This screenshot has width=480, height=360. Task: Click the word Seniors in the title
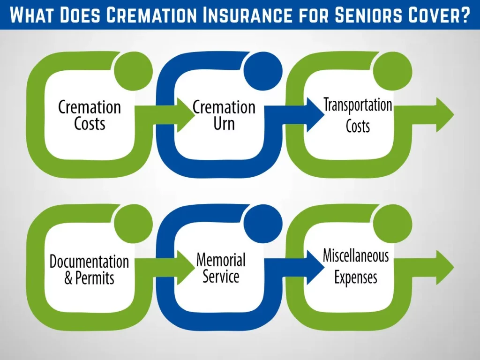click(368, 15)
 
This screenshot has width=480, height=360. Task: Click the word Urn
click(224, 124)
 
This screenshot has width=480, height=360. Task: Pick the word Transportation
click(358, 105)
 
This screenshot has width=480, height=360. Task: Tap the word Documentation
click(89, 262)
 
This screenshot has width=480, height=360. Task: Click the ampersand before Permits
click(68, 278)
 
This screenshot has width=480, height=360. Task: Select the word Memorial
click(221, 260)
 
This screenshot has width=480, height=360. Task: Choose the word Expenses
click(356, 277)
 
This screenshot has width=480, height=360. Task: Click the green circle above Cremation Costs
click(134, 71)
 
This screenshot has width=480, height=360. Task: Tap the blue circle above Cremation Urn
click(263, 71)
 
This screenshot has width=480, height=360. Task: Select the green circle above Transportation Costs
click(393, 71)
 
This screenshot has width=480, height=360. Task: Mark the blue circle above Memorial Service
click(263, 224)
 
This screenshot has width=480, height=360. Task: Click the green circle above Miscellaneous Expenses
click(393, 224)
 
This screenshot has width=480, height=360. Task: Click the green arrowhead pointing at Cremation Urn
click(185, 115)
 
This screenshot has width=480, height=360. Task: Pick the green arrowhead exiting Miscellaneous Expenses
click(444, 268)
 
